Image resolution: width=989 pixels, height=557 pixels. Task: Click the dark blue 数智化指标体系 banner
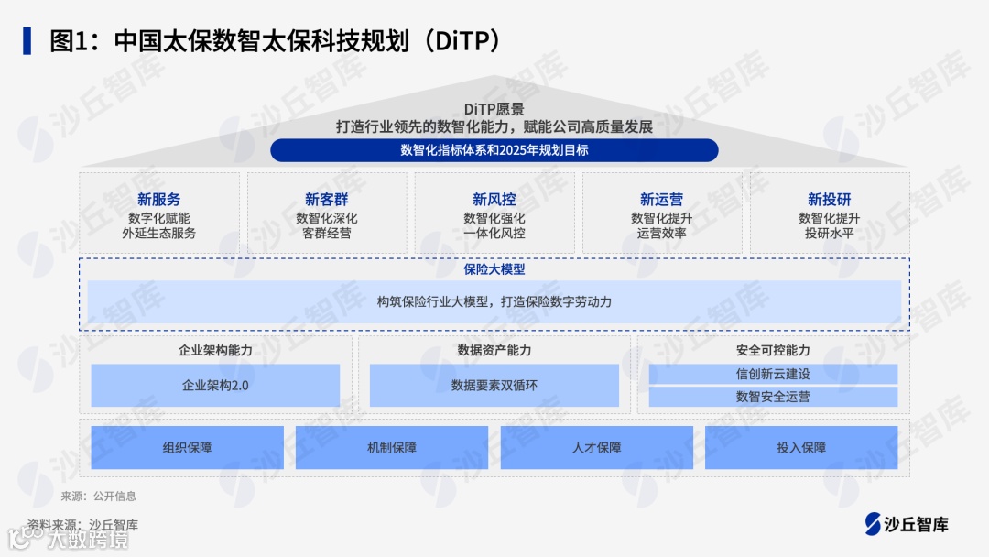click(x=494, y=150)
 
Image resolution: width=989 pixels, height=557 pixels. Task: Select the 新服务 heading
click(x=159, y=199)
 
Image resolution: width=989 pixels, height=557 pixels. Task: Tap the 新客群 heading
click(x=327, y=199)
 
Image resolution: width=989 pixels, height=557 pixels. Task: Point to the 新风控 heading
click(x=494, y=199)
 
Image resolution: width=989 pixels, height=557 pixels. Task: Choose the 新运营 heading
click(x=661, y=199)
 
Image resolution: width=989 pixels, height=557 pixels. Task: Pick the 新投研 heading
click(x=829, y=199)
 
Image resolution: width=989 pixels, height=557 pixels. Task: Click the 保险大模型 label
click(x=494, y=269)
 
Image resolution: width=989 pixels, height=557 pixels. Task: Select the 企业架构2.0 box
click(x=215, y=386)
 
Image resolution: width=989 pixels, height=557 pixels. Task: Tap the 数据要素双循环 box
click(x=494, y=386)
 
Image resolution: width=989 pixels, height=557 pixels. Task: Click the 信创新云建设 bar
click(x=773, y=374)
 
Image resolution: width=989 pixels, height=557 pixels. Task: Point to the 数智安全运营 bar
click(x=773, y=397)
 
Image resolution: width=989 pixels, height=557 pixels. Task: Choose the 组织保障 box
click(x=188, y=448)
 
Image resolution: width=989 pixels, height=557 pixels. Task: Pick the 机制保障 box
click(x=392, y=448)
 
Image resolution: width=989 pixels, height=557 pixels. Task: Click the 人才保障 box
click(x=597, y=448)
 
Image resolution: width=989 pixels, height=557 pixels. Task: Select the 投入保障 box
click(x=801, y=448)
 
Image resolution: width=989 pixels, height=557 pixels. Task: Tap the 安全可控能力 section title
click(x=773, y=350)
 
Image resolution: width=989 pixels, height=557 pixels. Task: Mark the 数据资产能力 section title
click(x=494, y=350)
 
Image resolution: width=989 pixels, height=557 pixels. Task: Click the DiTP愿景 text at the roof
click(x=494, y=109)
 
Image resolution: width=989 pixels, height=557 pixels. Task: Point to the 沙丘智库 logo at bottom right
click(x=907, y=524)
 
